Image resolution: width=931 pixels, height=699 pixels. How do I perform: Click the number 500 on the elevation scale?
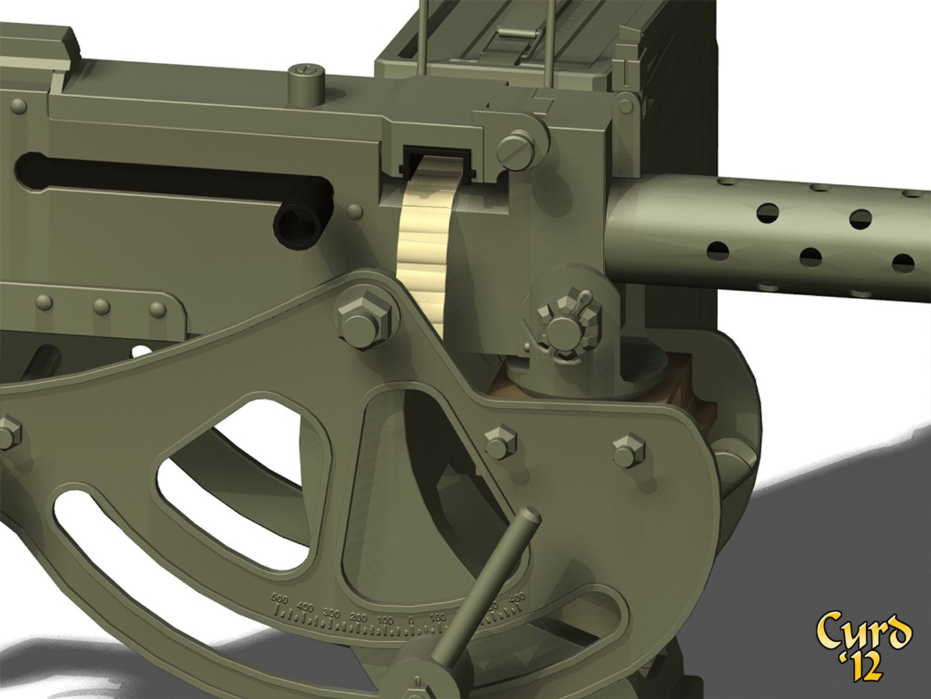point(279,599)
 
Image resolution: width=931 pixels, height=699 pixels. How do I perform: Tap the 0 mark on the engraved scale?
point(411,621)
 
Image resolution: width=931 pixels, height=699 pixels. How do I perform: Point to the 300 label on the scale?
point(331,612)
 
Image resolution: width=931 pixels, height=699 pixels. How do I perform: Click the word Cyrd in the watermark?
point(863,631)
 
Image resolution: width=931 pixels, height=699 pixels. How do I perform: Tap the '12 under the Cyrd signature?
point(861,667)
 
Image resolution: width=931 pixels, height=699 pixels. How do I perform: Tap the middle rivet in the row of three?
point(101,307)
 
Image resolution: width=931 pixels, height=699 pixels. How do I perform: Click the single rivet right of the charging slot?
point(354,212)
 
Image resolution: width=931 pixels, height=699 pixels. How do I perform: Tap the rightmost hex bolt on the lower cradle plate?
point(627,450)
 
